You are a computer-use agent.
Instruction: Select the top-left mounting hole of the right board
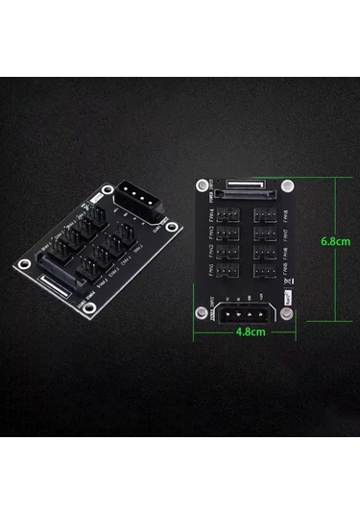click(x=203, y=184)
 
